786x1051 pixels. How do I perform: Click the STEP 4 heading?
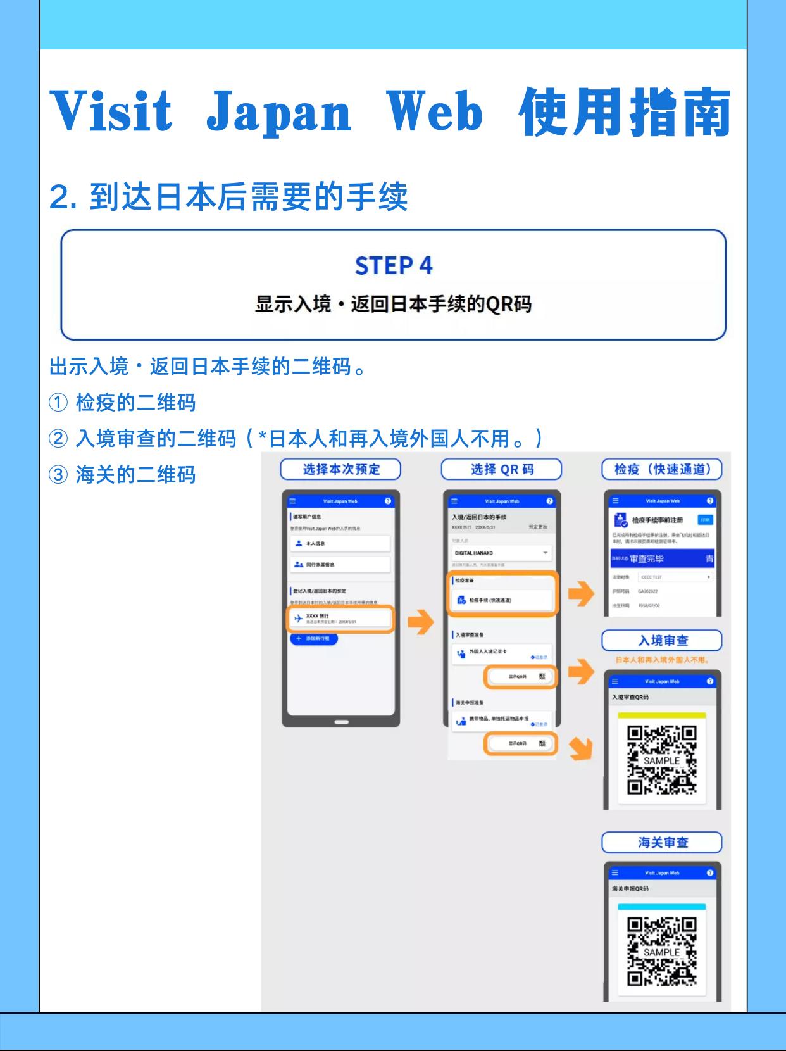(x=394, y=266)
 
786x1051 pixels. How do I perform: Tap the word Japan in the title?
(x=279, y=112)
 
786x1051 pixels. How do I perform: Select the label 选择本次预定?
(x=341, y=469)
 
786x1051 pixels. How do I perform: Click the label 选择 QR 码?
(x=501, y=469)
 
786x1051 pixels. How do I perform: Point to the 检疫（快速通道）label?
(x=662, y=469)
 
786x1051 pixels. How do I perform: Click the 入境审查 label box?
(x=662, y=641)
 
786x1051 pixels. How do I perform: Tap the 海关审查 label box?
(x=662, y=843)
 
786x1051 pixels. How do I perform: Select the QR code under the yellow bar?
(x=661, y=760)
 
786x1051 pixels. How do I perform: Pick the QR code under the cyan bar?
(x=661, y=952)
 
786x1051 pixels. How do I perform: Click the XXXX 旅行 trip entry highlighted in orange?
(x=340, y=619)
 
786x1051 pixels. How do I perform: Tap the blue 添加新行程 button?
(x=314, y=639)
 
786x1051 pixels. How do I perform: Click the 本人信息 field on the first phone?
(x=340, y=543)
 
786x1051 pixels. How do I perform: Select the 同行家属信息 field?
(x=340, y=564)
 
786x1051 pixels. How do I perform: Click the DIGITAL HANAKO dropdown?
(x=501, y=553)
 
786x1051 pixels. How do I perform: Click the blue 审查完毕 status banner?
(x=662, y=559)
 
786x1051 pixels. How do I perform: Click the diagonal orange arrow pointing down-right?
(x=580, y=748)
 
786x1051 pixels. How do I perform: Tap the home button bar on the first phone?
(x=341, y=722)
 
